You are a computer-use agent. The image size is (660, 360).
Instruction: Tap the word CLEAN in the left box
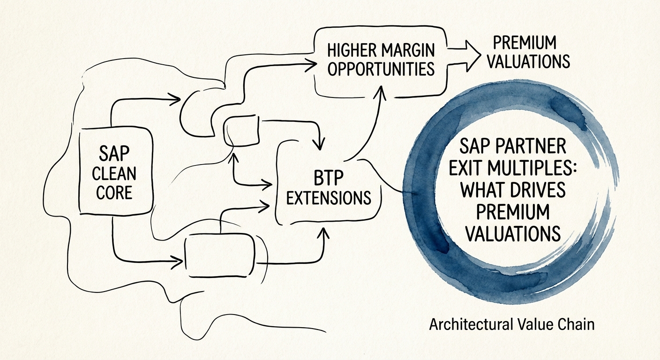click(114, 175)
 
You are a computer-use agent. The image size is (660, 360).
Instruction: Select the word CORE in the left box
click(114, 192)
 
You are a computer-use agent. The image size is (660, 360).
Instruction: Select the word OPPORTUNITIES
click(381, 69)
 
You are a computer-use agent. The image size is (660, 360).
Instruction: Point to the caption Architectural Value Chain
click(512, 324)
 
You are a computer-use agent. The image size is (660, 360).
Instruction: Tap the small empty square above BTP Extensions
click(241, 130)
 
